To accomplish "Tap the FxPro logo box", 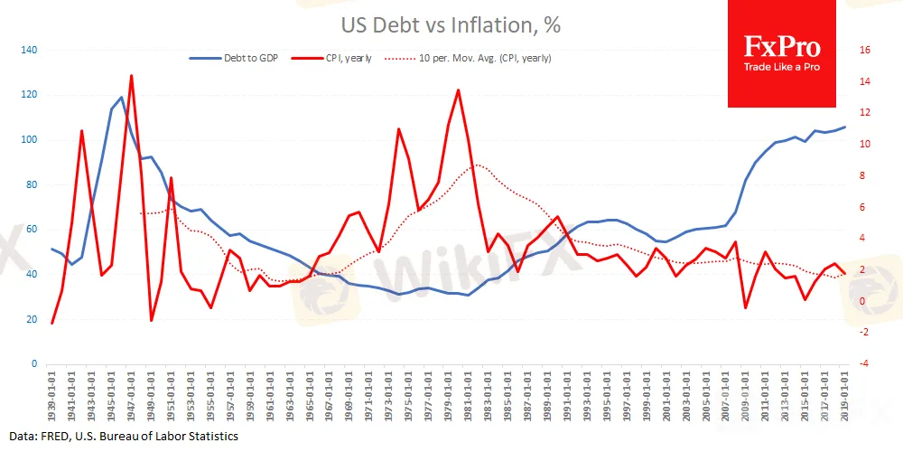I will (x=781, y=53).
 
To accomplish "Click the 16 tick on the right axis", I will (x=865, y=51).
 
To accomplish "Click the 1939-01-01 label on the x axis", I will (x=53, y=394).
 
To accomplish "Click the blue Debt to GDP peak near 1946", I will (x=122, y=98).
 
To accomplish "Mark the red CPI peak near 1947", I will (x=132, y=76).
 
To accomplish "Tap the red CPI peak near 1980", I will (x=459, y=90).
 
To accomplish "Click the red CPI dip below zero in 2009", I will (x=746, y=308).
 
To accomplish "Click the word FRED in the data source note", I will (x=51, y=437).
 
